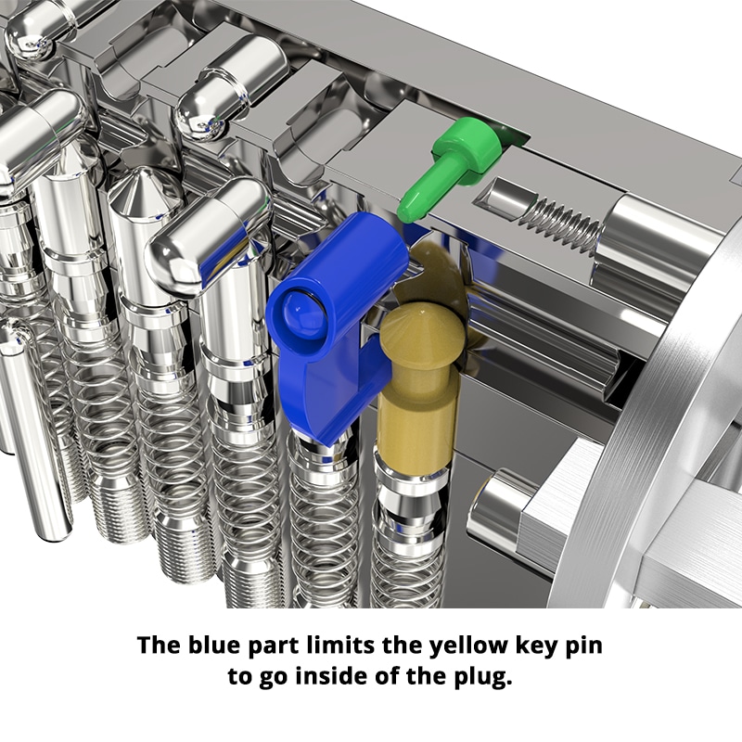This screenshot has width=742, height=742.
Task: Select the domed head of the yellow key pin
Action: coord(419,329)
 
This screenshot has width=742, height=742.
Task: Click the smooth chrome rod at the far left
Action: coord(37,436)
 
